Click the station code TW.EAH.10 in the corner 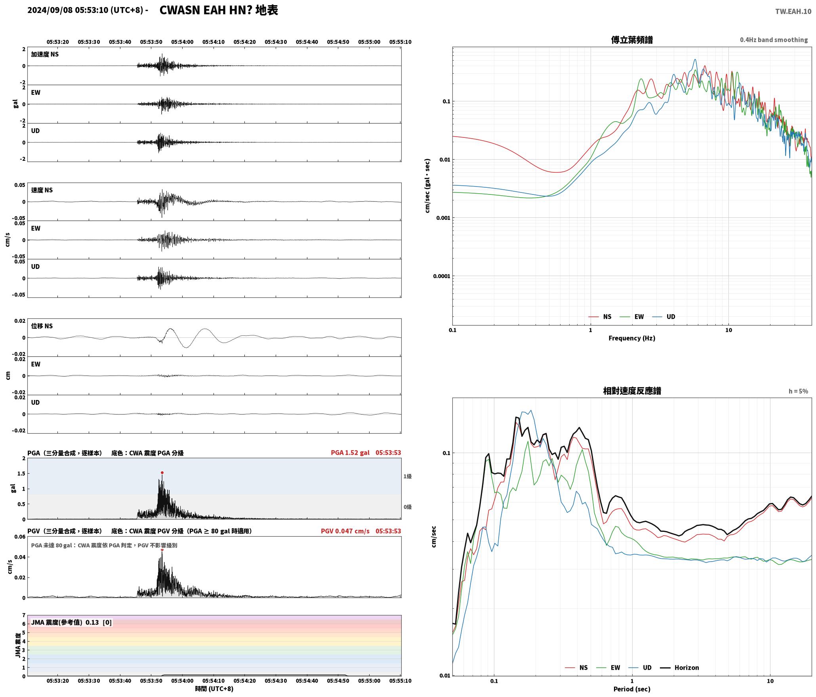(793, 11)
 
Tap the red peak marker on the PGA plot (162, 472)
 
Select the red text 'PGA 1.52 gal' (350, 453)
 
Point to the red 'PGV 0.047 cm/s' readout (345, 531)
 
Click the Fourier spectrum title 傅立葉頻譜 (632, 40)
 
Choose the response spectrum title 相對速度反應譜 (632, 391)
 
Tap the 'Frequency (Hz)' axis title (632, 338)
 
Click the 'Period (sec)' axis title (632, 689)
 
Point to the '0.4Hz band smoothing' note (774, 40)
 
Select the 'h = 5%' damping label (798, 391)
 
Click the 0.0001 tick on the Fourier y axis (442, 276)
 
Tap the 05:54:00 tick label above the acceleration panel (182, 42)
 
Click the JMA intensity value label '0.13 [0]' (99, 623)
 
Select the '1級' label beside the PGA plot (408, 476)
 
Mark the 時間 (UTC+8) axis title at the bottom (214, 689)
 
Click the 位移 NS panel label (42, 326)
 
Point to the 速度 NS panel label (42, 190)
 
